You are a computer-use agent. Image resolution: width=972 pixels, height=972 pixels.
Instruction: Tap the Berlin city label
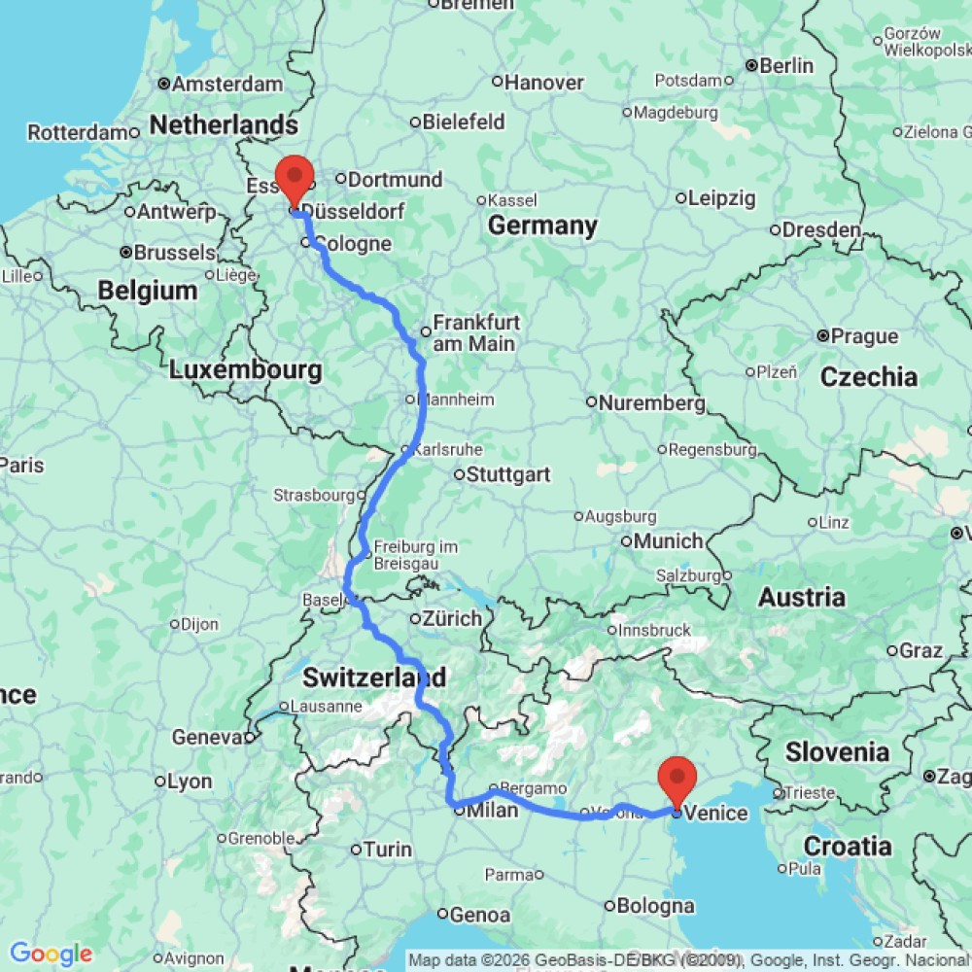(x=786, y=66)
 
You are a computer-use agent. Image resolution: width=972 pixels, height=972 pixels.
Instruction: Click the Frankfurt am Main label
(x=476, y=332)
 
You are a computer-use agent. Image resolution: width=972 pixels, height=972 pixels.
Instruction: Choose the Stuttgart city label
(x=508, y=474)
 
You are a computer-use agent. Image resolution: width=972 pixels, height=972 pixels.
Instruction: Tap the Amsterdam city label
(x=227, y=85)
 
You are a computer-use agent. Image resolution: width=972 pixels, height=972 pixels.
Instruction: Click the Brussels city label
(x=174, y=252)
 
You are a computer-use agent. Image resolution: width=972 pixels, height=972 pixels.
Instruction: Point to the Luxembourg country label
(x=245, y=370)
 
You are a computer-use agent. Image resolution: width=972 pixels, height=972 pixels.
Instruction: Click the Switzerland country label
(x=374, y=677)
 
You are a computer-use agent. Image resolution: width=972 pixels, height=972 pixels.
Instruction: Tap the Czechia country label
(x=868, y=377)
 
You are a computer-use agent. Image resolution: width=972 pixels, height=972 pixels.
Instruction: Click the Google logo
(x=51, y=955)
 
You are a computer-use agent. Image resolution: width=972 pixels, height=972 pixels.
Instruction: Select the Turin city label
(x=387, y=850)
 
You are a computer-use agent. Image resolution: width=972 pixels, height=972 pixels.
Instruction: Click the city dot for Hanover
(x=497, y=83)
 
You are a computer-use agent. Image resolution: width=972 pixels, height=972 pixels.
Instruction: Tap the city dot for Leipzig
(x=680, y=198)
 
